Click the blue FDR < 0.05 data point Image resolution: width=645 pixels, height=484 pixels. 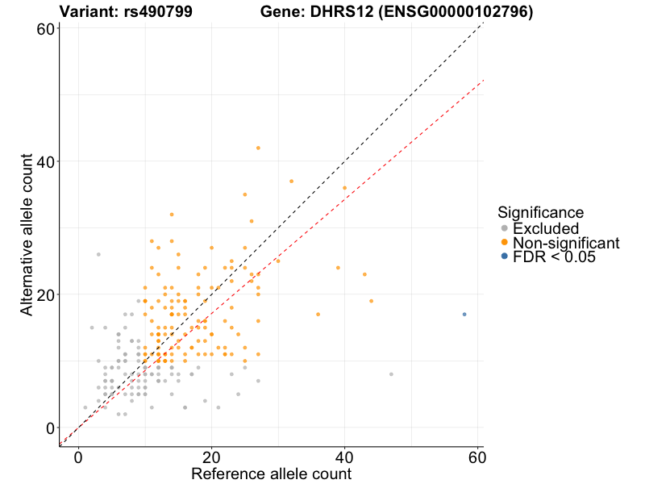click(x=464, y=314)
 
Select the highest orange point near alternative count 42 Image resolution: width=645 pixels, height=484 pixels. click(x=258, y=148)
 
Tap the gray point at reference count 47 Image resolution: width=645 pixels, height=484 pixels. click(x=391, y=374)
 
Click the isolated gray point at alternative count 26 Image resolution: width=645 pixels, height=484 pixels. click(x=98, y=254)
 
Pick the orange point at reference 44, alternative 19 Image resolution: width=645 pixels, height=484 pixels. click(x=371, y=301)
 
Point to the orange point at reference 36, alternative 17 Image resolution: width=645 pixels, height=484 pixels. click(x=318, y=314)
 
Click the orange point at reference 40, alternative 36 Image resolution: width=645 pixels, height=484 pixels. click(x=344, y=188)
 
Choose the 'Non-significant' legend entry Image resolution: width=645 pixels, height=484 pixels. click(x=565, y=243)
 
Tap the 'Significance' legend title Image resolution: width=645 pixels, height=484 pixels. click(x=540, y=213)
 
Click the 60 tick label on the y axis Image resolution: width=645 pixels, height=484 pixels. click(x=46, y=28)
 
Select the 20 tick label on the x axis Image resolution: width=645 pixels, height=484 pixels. click(x=211, y=457)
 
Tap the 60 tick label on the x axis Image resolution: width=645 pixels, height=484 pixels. click(x=477, y=457)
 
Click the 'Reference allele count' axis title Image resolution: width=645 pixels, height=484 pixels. click(x=271, y=474)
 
